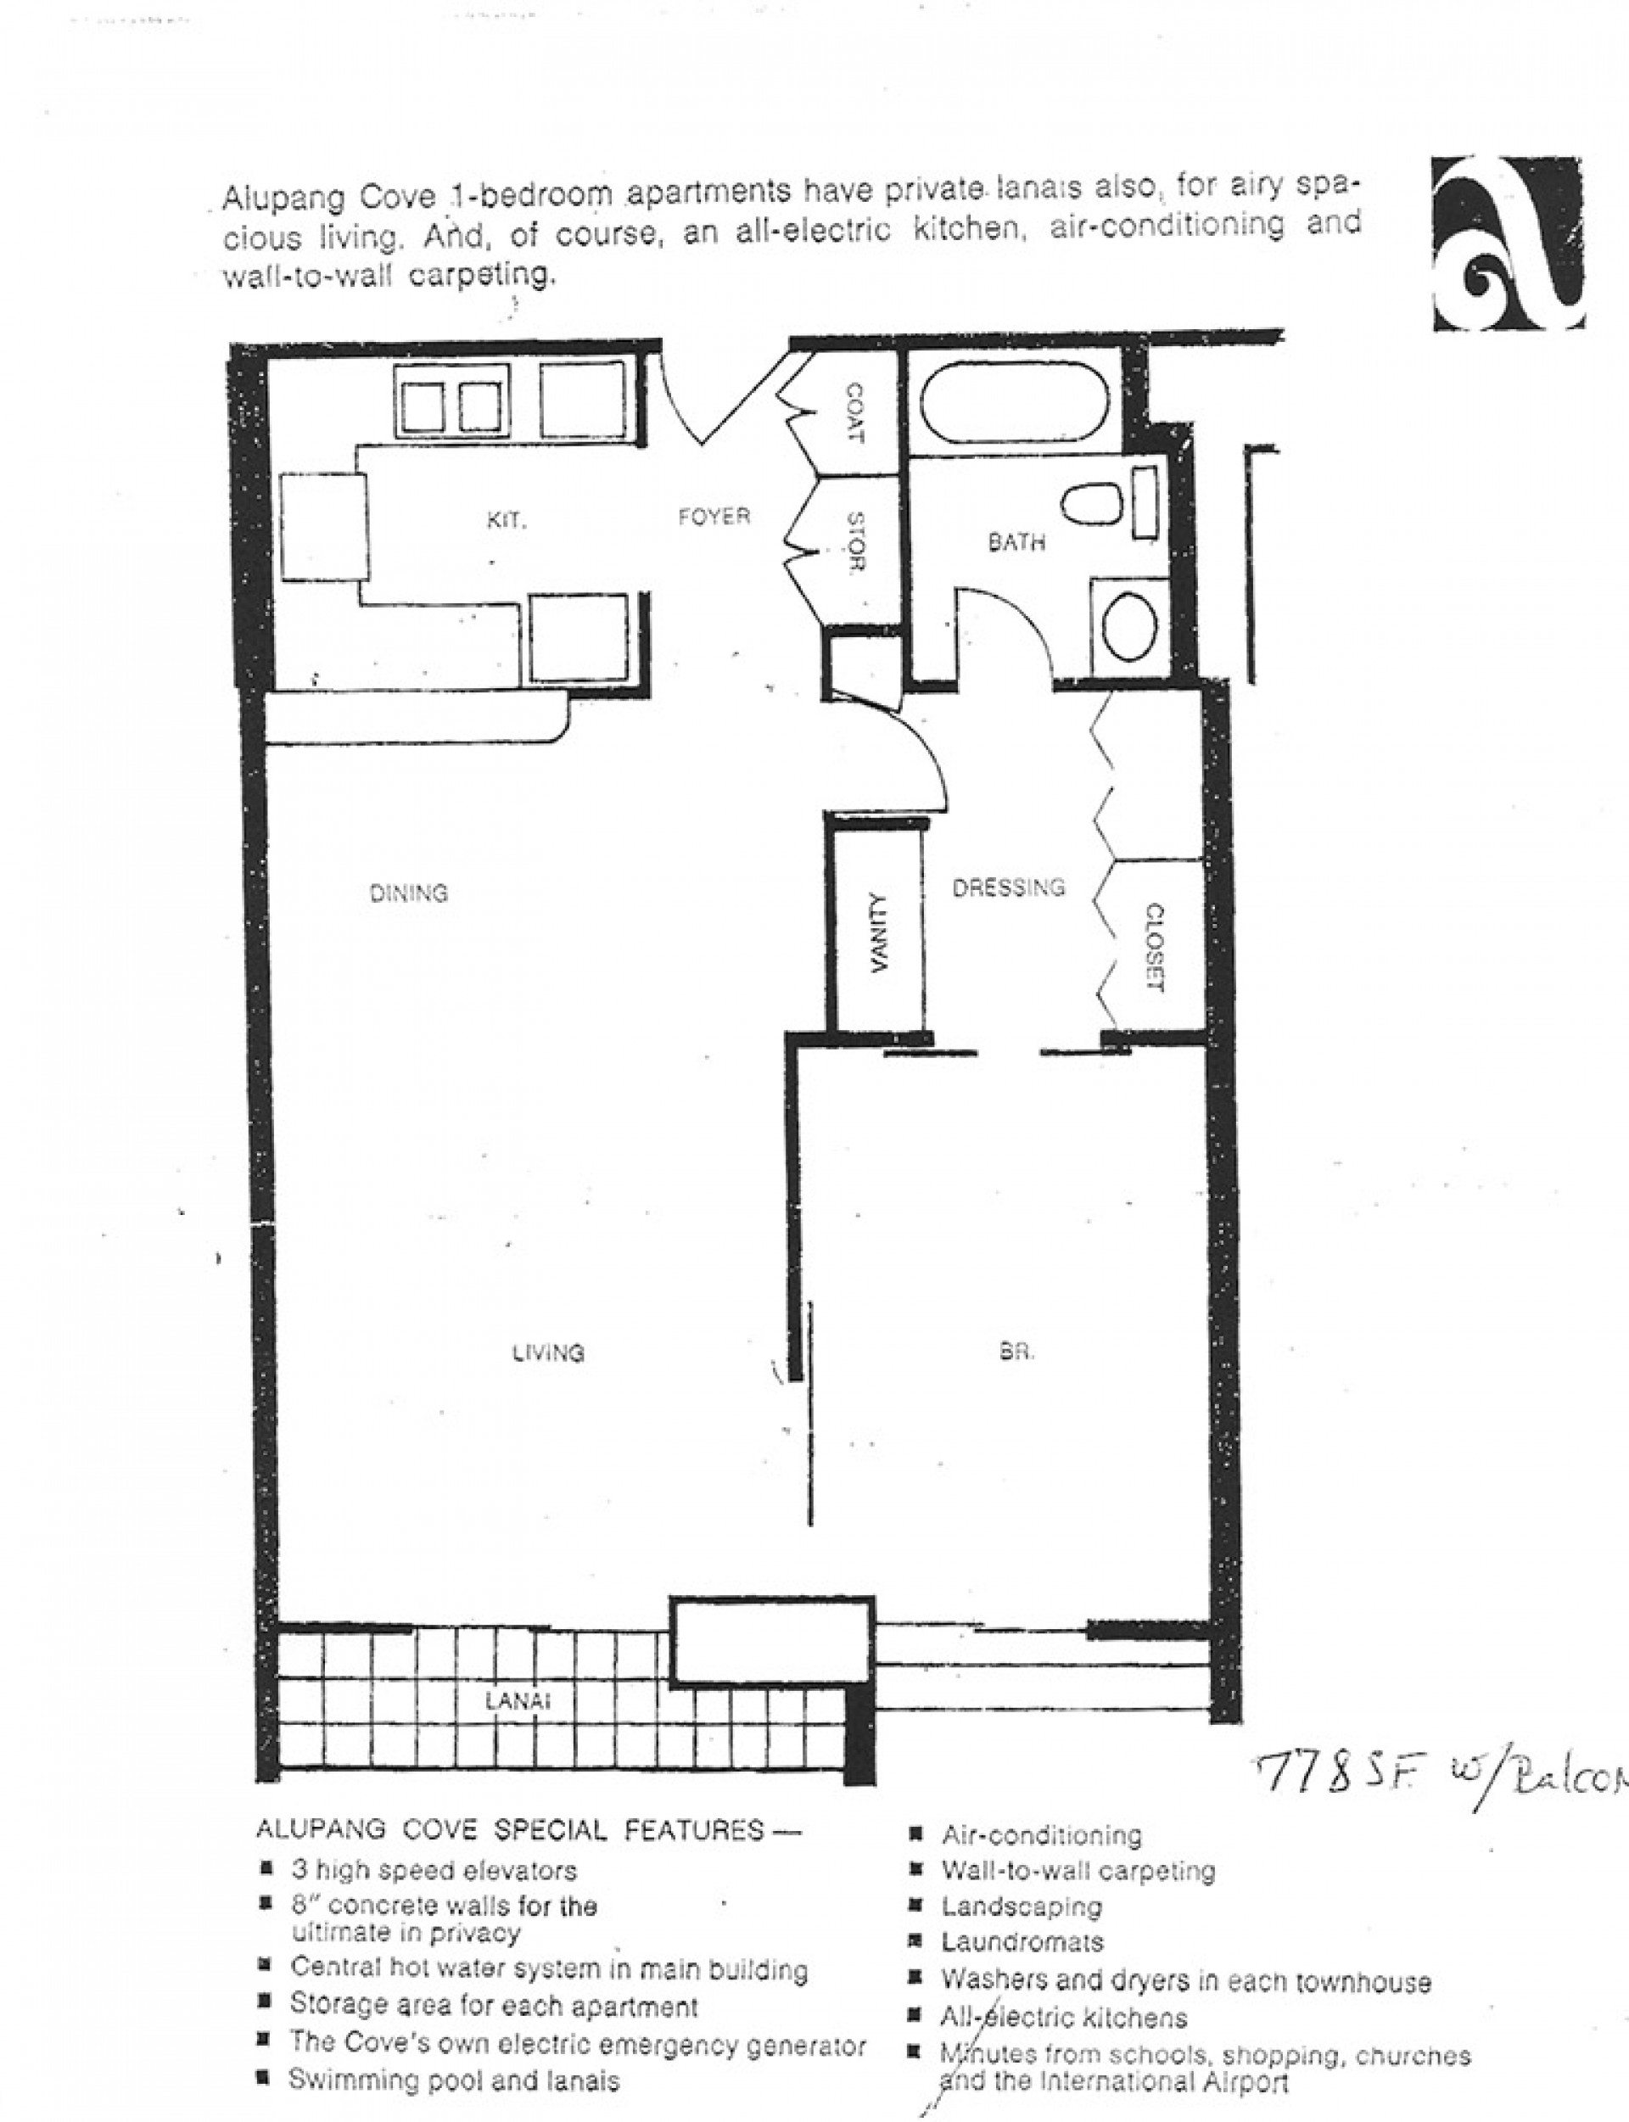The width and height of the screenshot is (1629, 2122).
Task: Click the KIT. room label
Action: click(507, 521)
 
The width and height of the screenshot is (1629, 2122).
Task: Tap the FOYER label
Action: click(714, 517)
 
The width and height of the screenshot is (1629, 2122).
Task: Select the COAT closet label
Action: click(855, 413)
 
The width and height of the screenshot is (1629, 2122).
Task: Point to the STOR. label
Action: click(855, 541)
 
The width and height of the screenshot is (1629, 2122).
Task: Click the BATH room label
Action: click(1016, 542)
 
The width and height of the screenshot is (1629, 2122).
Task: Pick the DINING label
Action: click(409, 892)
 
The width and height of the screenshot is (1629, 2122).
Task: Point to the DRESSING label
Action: click(1009, 886)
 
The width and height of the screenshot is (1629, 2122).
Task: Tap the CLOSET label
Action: click(1154, 947)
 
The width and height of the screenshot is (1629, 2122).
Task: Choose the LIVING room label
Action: click(549, 1352)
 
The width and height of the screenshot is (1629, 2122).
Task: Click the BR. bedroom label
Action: click(1016, 1351)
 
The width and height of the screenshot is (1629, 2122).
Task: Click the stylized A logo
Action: click(1508, 244)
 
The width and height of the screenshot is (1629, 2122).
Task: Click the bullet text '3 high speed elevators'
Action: click(434, 1870)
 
